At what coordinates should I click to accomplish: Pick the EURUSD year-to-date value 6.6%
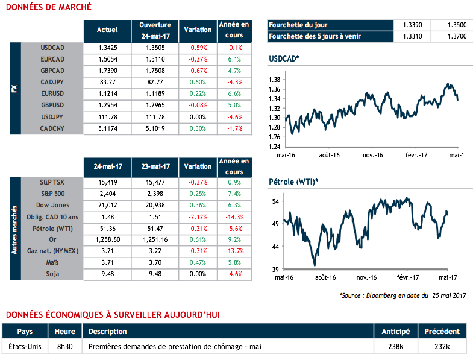234,93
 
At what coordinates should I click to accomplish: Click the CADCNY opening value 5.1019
155,128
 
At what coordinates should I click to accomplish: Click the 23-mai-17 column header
155,166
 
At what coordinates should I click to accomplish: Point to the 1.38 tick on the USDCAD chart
275,80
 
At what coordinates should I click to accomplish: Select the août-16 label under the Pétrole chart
324,277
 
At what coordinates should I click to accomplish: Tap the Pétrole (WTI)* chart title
293,182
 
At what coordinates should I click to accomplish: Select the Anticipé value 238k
395,347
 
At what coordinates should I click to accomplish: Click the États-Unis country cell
25,347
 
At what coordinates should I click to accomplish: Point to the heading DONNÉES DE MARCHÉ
48,7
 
